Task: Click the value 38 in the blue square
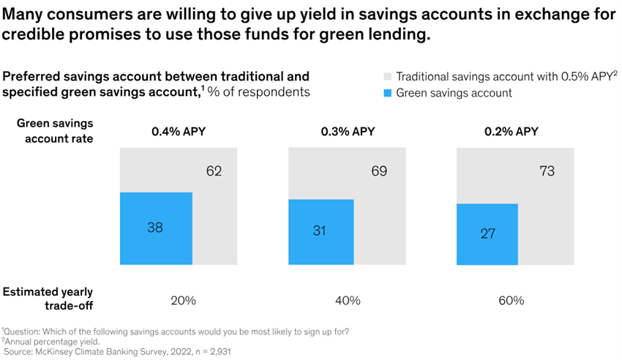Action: point(154,228)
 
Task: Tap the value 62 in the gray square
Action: point(214,172)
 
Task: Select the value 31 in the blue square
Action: point(320,231)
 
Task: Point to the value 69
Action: point(379,172)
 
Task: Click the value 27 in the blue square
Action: point(487,234)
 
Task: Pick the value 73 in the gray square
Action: point(547,172)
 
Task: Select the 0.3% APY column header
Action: point(348,132)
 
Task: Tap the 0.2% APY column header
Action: point(511,132)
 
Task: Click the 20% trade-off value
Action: point(183,300)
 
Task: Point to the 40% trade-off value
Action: point(348,300)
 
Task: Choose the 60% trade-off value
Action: point(512,300)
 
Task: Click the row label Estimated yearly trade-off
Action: point(48,299)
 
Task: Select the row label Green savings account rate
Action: point(55,131)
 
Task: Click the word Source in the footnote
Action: point(21,351)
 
